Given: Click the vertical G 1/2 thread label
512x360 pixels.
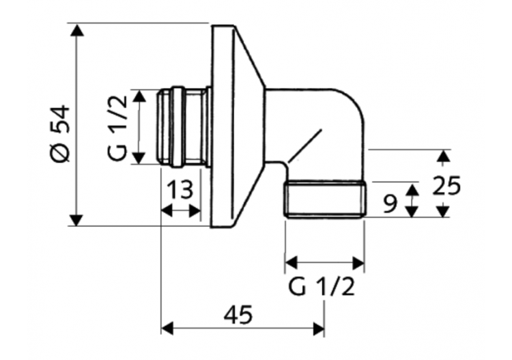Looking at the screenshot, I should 117,128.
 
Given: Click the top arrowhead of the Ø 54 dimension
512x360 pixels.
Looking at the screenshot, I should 78,30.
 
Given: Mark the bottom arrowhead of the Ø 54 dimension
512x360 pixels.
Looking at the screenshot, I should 78,219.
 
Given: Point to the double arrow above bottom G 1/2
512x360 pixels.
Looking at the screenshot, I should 324,262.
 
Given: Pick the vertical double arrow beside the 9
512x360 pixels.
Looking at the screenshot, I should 411,200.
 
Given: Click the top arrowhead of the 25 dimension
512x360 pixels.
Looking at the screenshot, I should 444,155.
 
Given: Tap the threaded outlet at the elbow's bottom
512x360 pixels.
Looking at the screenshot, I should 326,200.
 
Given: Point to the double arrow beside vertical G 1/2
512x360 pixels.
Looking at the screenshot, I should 139,126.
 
